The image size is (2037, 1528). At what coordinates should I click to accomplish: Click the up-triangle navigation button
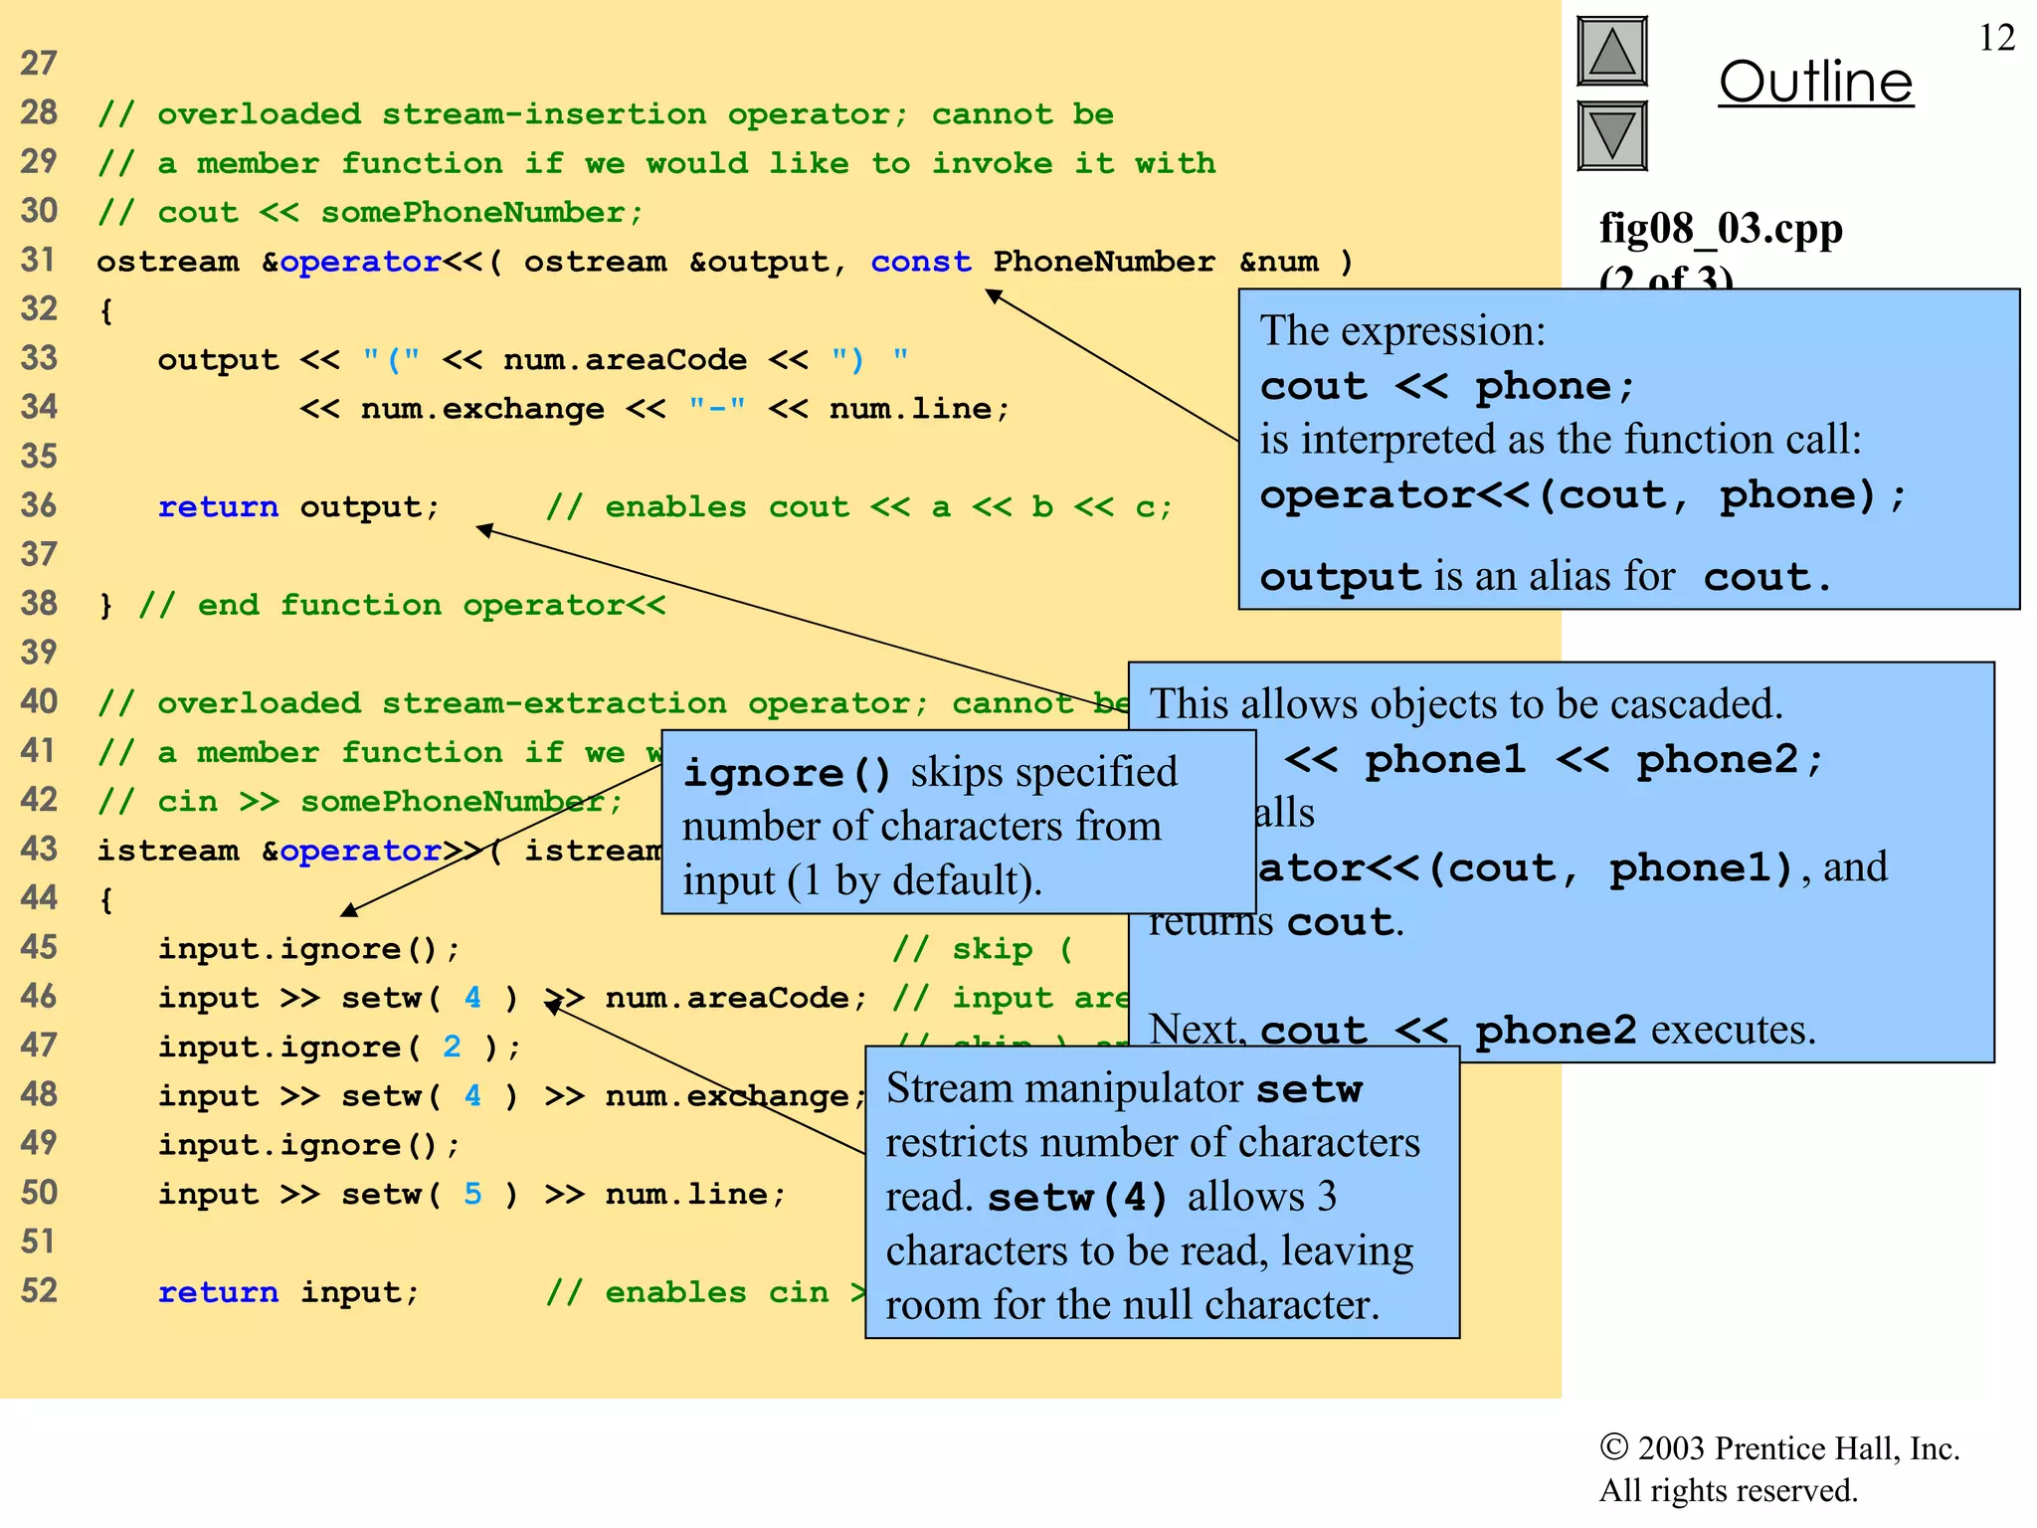1612,52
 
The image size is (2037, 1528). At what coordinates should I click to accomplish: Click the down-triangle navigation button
1612,135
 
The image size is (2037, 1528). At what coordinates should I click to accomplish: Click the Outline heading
1815,82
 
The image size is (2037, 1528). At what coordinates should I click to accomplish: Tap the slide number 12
1997,38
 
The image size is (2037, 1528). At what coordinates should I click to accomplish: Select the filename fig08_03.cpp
1721,229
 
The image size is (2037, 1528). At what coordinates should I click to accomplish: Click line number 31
38,261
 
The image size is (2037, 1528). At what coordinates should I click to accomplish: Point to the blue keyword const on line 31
921,262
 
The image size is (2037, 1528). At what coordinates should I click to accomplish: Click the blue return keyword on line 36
218,507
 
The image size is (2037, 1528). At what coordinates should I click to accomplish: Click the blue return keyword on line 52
218,1292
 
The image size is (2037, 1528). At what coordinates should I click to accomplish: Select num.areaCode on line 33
625,360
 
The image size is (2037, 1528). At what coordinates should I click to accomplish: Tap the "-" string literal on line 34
717,409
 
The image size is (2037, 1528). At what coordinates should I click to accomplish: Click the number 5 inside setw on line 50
472,1194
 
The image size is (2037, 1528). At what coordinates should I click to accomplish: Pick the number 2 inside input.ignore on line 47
453,1047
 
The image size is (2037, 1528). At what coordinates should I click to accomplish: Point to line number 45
38,948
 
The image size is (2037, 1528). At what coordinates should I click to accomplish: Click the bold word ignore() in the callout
787,773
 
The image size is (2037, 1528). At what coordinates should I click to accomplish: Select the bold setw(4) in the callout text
1077,1198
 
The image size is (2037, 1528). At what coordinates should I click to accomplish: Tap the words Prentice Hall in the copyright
1802,1448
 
